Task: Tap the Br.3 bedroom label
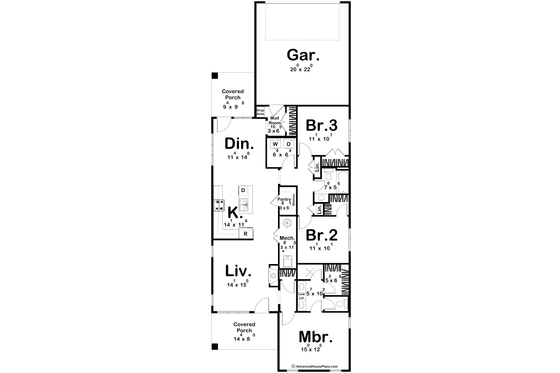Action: pyautogui.click(x=319, y=125)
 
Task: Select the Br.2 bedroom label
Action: pyautogui.click(x=320, y=236)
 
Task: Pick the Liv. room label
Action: pyautogui.click(x=236, y=272)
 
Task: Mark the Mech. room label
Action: pyautogui.click(x=286, y=238)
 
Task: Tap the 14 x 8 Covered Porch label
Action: pyautogui.click(x=242, y=331)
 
